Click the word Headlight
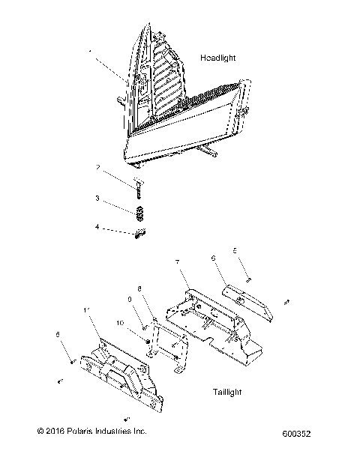pos(218,58)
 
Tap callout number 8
pos(139,288)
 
